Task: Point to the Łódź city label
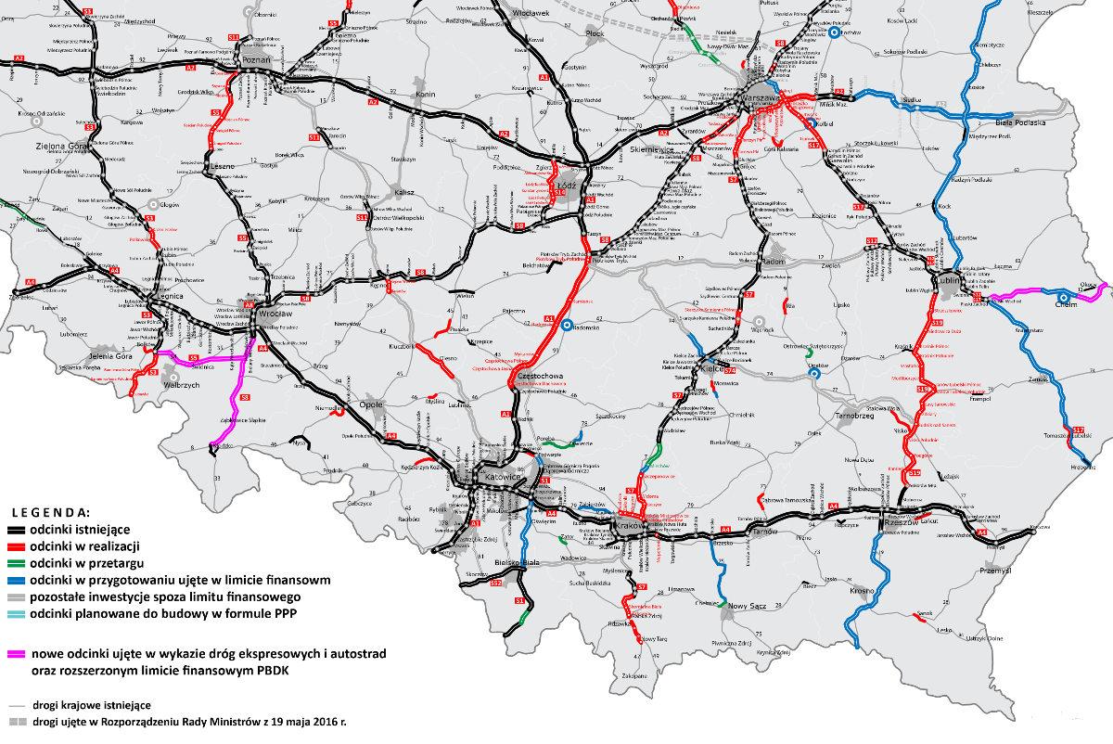[567, 184]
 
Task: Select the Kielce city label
[711, 366]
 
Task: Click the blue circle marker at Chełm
[1062, 298]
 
